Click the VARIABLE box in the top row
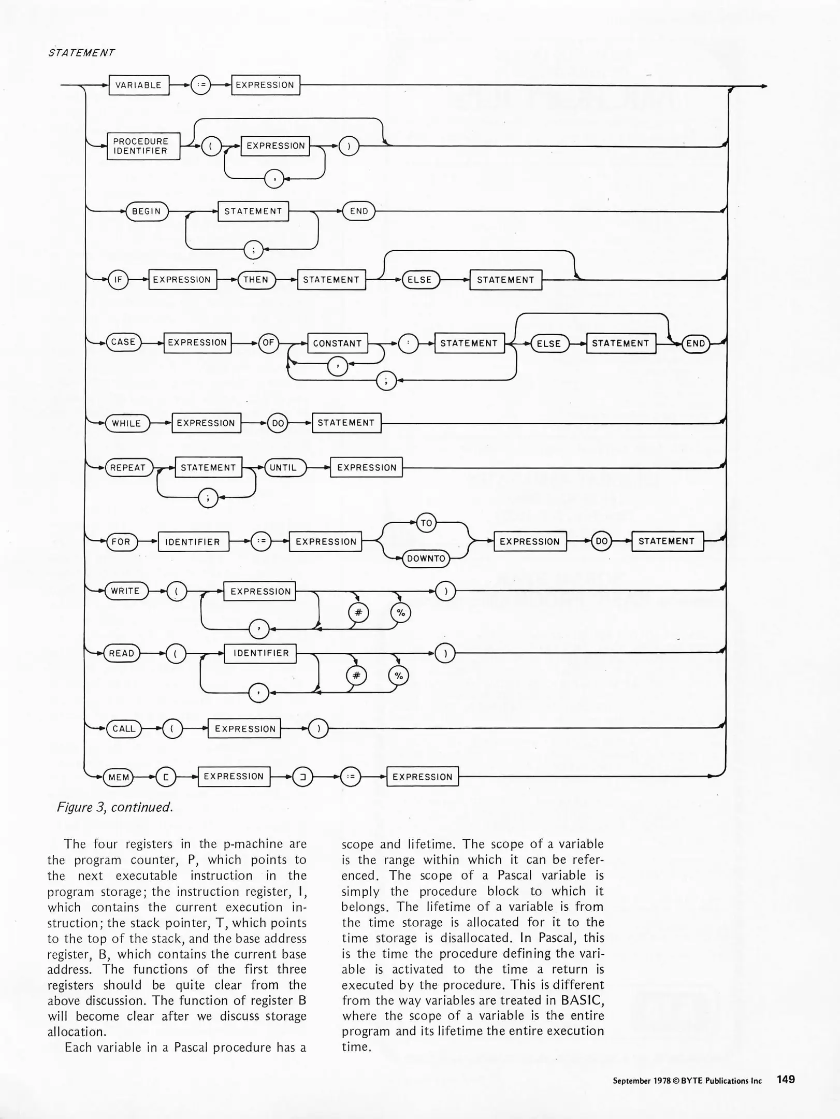(138, 85)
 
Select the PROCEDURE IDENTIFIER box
(143, 146)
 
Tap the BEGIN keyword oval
(147, 211)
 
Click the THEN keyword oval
(256, 280)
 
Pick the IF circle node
(118, 280)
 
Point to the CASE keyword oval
(123, 342)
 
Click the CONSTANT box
(337, 343)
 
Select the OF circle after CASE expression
(268, 343)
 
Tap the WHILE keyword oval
(127, 423)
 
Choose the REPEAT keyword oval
(128, 468)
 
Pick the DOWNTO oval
(426, 558)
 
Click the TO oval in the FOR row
(426, 523)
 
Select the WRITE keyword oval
(126, 591)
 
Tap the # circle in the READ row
(356, 676)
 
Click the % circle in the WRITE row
(400, 613)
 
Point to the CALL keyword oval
(124, 729)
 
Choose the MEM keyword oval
(119, 777)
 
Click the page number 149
(786, 1080)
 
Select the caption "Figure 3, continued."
(114, 807)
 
